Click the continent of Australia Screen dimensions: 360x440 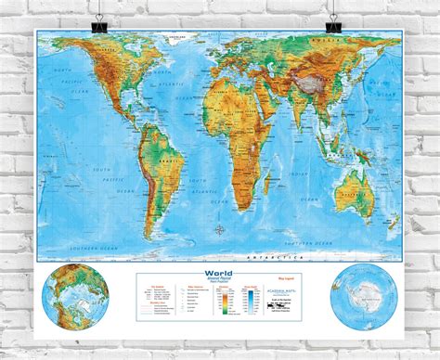(x=353, y=186)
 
